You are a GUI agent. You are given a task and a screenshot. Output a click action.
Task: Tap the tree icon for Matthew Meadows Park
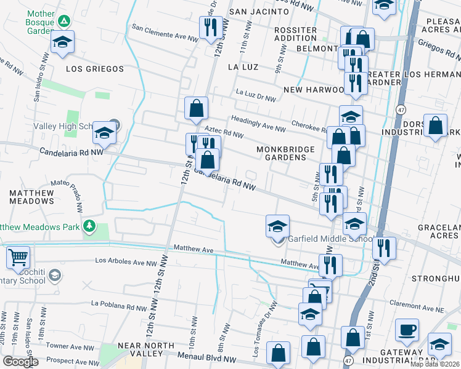[x=90, y=226]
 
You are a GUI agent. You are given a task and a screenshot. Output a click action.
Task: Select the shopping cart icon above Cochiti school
[x=18, y=256]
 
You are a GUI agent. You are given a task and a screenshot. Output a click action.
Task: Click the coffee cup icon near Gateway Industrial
[x=407, y=329]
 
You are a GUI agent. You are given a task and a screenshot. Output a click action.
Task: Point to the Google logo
[x=20, y=362]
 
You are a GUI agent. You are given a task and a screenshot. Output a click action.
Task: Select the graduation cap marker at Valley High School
[x=104, y=133]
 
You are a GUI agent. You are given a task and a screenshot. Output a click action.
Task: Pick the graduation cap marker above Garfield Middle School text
[x=277, y=226]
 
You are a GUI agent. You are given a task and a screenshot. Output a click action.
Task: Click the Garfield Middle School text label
[x=330, y=240]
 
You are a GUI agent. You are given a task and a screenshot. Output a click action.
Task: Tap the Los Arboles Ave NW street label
[x=126, y=261]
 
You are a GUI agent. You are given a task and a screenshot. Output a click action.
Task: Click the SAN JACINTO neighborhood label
[x=259, y=12]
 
